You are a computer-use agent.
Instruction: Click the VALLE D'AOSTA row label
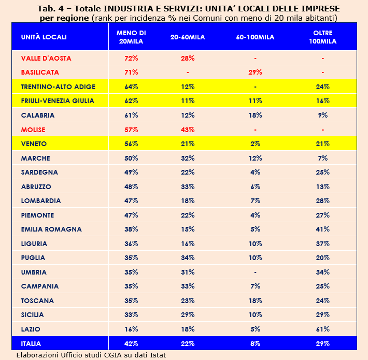[x=46, y=58]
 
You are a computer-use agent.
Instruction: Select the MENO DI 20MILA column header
[x=131, y=37]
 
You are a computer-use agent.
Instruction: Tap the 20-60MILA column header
[x=188, y=37]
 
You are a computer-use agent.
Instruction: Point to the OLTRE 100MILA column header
[x=323, y=37]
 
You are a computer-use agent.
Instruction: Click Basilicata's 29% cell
[x=255, y=72]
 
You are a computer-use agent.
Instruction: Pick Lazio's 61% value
[x=323, y=329]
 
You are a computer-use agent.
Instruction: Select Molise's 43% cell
[x=188, y=129]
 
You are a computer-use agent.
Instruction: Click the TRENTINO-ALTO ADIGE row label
[x=58, y=87]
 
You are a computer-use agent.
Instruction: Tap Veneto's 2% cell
[x=255, y=143]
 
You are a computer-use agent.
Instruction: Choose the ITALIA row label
[x=31, y=343]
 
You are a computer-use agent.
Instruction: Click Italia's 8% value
[x=255, y=343]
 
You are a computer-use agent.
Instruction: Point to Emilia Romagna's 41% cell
[x=323, y=229]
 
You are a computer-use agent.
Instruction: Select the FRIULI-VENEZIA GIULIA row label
[x=58, y=101]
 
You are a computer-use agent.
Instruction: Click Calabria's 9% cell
[x=323, y=115]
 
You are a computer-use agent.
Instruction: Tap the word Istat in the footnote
[x=158, y=355]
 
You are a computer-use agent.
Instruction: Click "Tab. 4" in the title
[x=50, y=9]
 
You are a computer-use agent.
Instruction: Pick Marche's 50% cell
[x=131, y=159]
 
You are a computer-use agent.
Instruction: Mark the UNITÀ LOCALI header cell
[x=44, y=37]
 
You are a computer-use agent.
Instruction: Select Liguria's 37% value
[x=323, y=243]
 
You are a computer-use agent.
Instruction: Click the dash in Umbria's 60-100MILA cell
[x=255, y=272]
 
